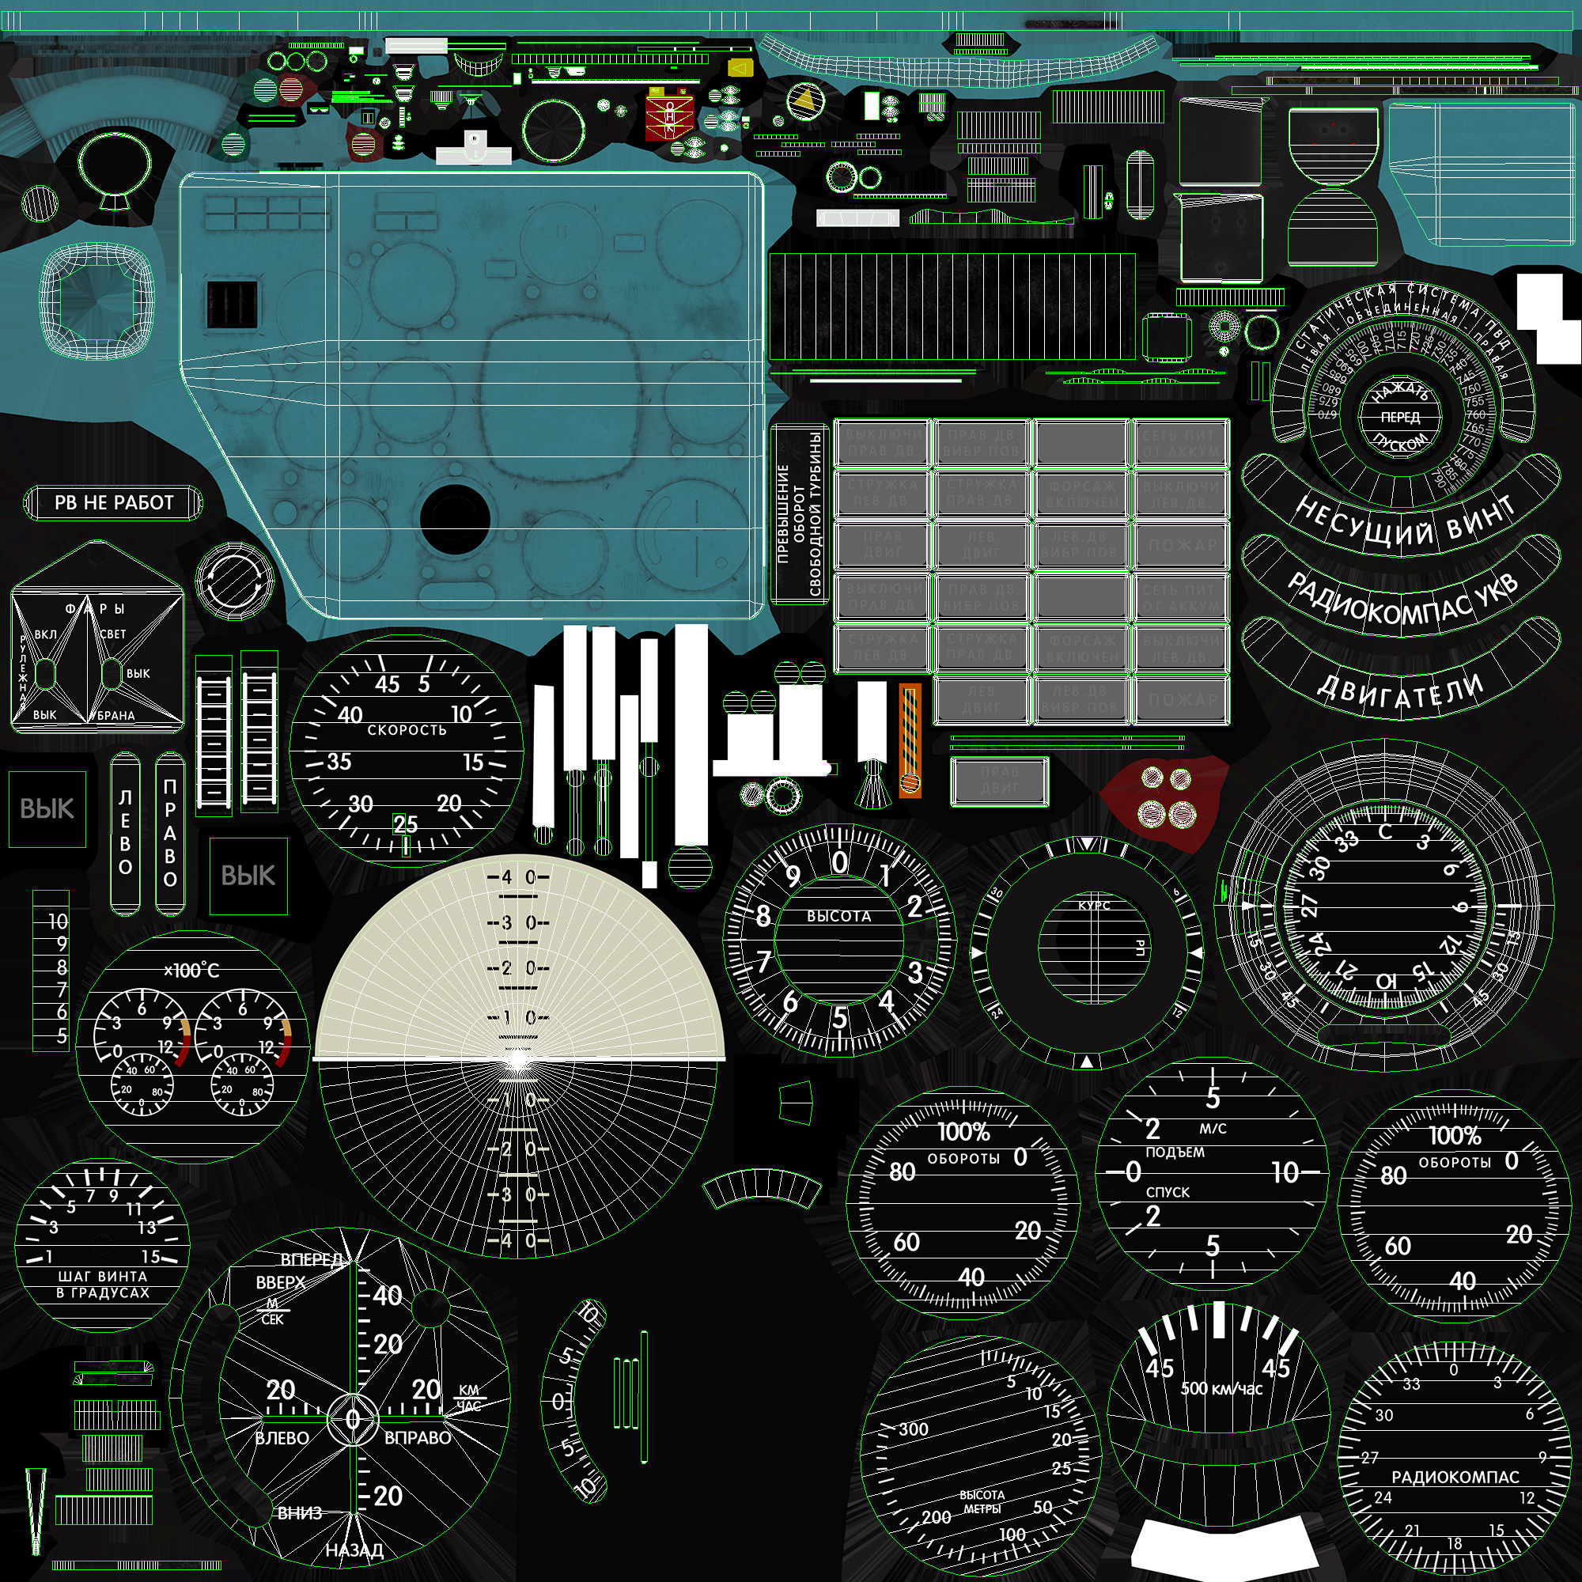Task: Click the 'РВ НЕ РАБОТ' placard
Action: pyautogui.click(x=114, y=503)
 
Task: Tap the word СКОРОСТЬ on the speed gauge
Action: pyautogui.click(x=407, y=729)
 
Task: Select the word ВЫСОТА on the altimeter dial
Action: pyautogui.click(x=838, y=916)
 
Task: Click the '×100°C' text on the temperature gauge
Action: pyautogui.click(x=191, y=971)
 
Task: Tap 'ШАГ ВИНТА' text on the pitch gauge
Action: pyautogui.click(x=102, y=1277)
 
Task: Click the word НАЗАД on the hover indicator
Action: pyautogui.click(x=354, y=1550)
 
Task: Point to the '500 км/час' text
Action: pyautogui.click(x=1222, y=1389)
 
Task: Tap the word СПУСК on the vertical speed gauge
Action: pyautogui.click(x=1168, y=1192)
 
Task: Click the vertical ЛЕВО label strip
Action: pyautogui.click(x=125, y=833)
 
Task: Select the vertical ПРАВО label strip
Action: pyautogui.click(x=170, y=833)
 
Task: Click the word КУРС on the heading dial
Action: pyautogui.click(x=1094, y=906)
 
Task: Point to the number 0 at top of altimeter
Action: pyautogui.click(x=840, y=862)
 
